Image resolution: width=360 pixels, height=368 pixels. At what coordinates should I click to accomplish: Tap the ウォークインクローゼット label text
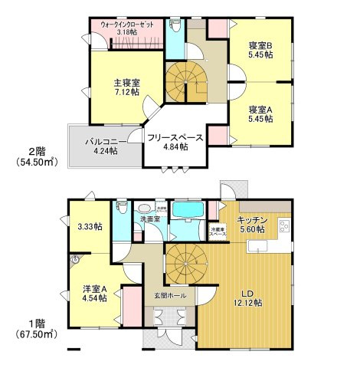point(128,25)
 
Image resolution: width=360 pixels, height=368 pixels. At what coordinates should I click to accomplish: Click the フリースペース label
point(175,138)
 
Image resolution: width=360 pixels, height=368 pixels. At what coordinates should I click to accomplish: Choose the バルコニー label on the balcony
point(101,141)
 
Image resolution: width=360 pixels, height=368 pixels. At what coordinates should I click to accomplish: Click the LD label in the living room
point(248,292)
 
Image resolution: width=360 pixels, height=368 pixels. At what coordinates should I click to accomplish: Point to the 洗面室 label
point(149,220)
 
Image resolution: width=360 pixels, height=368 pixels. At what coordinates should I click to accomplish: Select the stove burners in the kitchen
point(285,227)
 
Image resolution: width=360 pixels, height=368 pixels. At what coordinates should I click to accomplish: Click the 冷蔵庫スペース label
point(218,229)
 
